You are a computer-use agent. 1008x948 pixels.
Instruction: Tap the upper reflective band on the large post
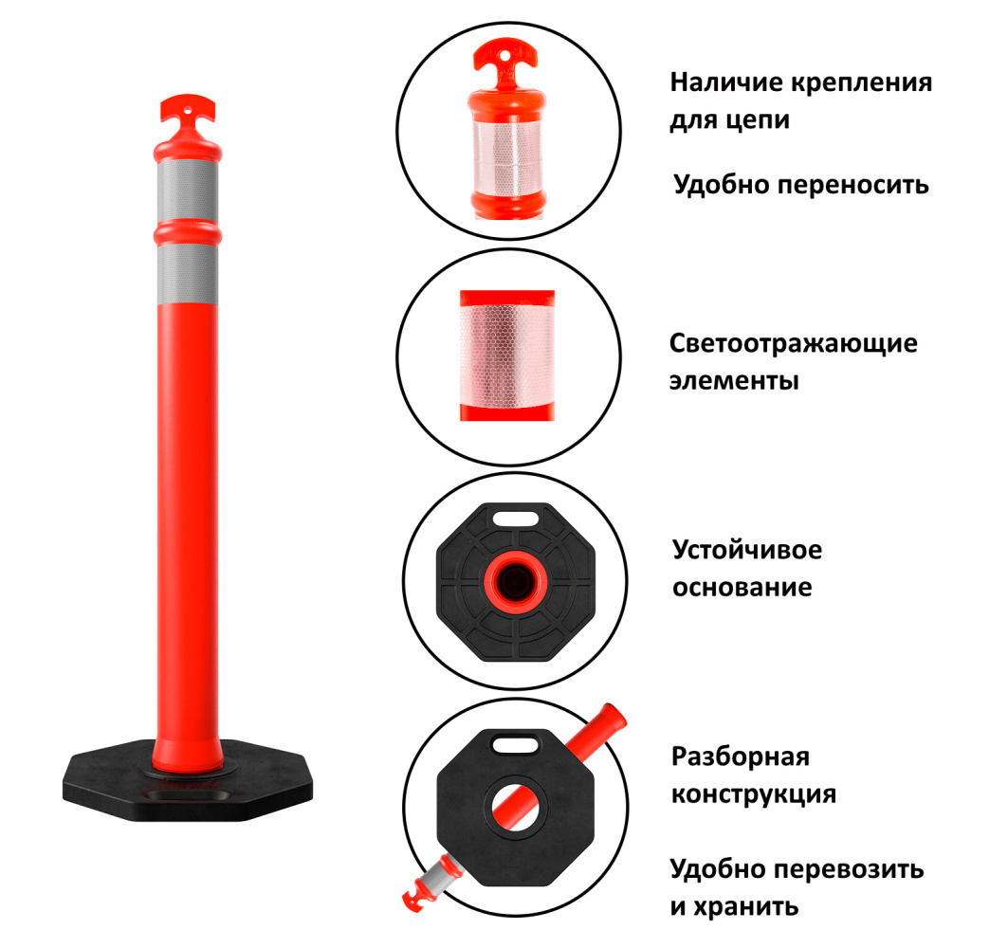(x=187, y=191)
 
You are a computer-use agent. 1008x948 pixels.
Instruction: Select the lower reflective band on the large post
(x=187, y=274)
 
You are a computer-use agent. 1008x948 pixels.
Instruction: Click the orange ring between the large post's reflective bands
(x=187, y=233)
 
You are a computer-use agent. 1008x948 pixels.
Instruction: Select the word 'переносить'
(x=853, y=185)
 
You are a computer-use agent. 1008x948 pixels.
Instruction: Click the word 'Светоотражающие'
(x=794, y=344)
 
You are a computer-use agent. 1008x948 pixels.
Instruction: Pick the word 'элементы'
(x=734, y=381)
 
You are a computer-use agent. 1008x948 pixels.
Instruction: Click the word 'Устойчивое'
(x=747, y=550)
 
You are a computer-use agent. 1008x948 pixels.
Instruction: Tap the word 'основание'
(x=742, y=588)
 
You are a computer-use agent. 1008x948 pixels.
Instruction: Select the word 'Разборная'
(x=741, y=757)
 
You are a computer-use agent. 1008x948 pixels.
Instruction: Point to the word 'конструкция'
(x=754, y=794)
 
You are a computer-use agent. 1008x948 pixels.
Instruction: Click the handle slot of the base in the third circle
(x=516, y=518)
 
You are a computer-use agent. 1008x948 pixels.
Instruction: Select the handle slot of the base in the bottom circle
(x=516, y=745)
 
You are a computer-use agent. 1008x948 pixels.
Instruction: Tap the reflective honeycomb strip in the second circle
(x=507, y=355)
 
